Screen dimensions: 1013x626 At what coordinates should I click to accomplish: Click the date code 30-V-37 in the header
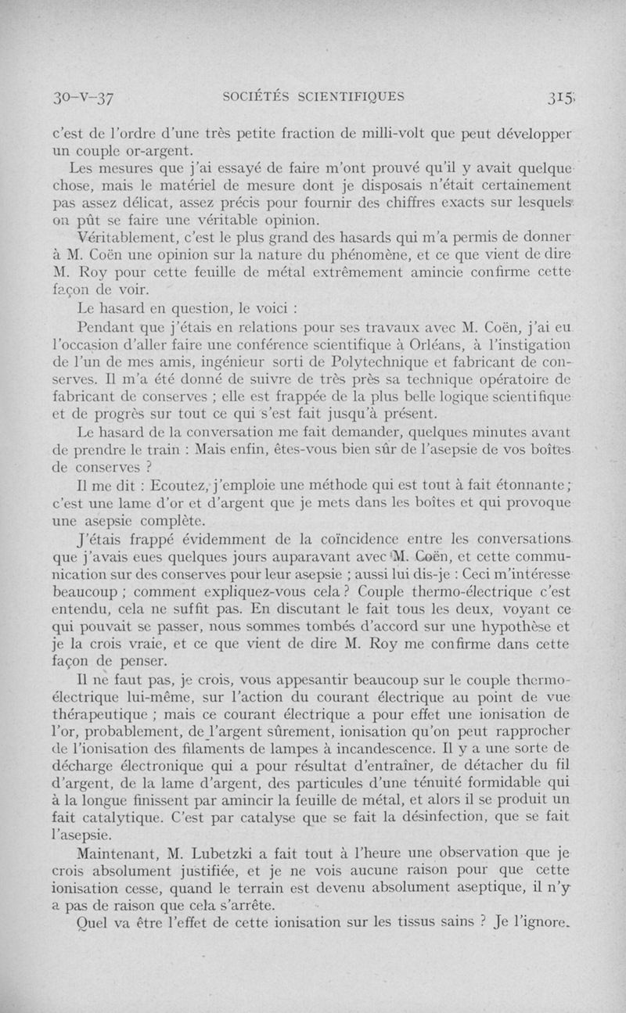[x=81, y=99]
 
